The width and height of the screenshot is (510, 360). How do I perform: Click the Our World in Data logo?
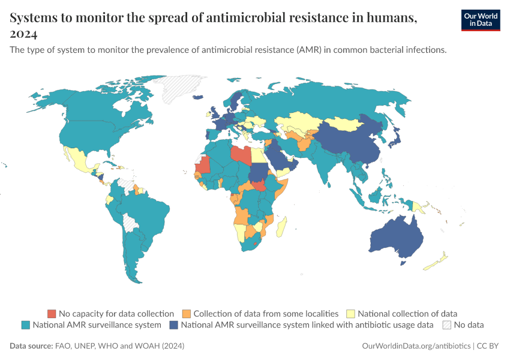[x=480, y=19]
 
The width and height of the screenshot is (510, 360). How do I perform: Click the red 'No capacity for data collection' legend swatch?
[x=52, y=314]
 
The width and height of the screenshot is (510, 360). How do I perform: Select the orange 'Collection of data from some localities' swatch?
[x=187, y=314]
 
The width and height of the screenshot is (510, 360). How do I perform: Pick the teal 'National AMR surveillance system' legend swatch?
[x=26, y=325]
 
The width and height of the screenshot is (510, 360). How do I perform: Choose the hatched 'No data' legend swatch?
[x=446, y=325]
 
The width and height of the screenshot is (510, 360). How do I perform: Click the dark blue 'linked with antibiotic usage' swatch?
[x=173, y=325]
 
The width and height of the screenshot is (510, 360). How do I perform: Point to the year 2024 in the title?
[x=24, y=34]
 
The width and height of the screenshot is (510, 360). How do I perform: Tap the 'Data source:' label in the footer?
[x=31, y=346]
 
